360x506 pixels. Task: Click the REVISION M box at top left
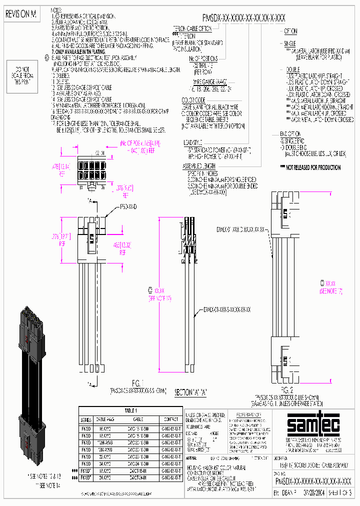coord(20,15)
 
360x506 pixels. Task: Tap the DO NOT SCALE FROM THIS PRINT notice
coord(21,75)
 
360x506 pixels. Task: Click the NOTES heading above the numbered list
coord(58,10)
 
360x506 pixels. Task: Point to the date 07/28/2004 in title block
coord(313,492)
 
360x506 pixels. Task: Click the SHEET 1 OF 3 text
coord(341,492)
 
